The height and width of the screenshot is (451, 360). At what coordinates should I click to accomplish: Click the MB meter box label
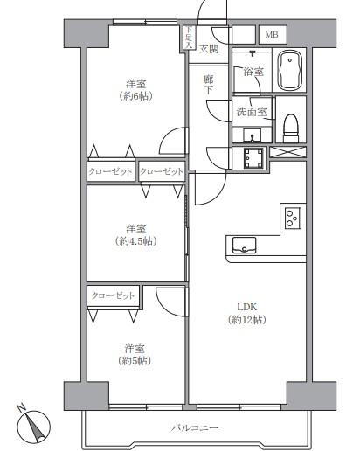point(272,35)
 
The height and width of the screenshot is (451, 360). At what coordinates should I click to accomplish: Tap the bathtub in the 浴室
point(289,70)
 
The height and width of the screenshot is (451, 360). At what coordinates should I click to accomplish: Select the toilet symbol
point(291,128)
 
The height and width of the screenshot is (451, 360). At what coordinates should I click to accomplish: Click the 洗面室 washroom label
point(252,111)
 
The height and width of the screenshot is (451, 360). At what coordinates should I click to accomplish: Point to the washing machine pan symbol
point(253,158)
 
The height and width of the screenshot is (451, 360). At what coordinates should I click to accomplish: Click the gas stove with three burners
point(293,218)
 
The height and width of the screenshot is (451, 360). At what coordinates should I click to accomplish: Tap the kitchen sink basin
point(244,245)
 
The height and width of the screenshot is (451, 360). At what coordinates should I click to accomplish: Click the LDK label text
point(246,307)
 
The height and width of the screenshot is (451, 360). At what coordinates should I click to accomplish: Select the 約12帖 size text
point(246,320)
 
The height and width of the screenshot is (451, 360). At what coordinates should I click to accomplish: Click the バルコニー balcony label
point(194,427)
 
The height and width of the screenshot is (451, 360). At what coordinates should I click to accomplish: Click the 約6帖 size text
point(135,96)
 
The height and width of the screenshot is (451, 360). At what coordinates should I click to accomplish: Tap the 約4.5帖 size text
point(135,241)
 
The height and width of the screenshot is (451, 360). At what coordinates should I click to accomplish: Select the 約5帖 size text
point(135,361)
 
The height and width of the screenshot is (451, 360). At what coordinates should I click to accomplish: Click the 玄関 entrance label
point(209,49)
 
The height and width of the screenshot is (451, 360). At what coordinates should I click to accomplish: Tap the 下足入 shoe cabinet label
point(189,38)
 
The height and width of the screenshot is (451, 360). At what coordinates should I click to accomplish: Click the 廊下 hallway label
point(208,85)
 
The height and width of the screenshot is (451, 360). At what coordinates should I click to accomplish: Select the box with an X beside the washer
point(287,152)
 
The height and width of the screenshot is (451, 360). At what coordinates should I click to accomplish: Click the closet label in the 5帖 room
point(113,295)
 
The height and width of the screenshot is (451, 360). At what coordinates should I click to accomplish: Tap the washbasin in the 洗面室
point(253,135)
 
